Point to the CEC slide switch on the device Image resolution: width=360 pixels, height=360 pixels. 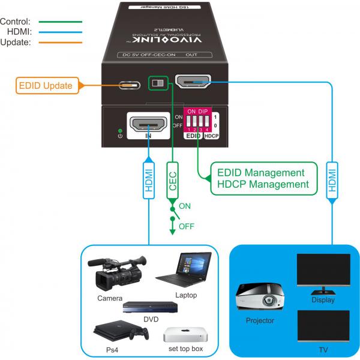point(158,83)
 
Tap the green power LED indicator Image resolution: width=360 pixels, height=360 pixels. point(120,130)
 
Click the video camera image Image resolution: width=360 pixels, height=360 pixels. point(116,272)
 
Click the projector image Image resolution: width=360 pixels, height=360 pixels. point(259,298)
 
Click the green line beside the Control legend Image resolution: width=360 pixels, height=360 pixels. point(57,21)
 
